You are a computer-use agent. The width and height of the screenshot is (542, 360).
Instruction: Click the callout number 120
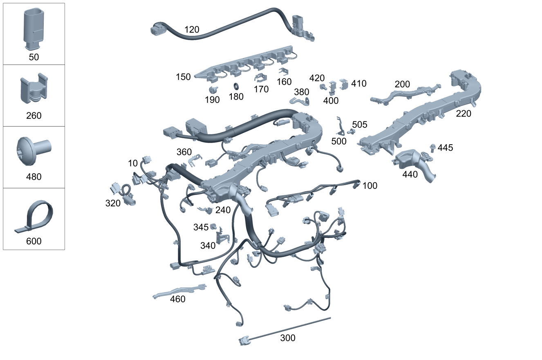tap(192, 29)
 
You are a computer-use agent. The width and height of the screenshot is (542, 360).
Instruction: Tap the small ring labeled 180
tap(236, 86)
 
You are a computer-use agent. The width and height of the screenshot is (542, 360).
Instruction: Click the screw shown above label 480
tap(34, 151)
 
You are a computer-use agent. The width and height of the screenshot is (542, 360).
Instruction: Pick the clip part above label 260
tap(34, 88)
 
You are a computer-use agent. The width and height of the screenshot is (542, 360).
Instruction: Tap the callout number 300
tap(288, 338)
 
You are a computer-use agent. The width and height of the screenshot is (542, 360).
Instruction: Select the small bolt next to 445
tap(433, 148)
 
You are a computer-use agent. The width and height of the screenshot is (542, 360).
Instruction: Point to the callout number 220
tap(464, 114)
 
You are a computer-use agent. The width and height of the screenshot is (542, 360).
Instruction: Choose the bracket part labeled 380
tap(300, 101)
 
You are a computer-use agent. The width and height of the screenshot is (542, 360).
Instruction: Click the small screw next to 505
tap(351, 131)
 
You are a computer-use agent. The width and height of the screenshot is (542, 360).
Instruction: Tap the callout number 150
tap(183, 77)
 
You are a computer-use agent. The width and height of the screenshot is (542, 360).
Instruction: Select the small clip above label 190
tap(213, 89)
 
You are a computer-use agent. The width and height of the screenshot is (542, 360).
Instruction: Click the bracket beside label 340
tap(222, 236)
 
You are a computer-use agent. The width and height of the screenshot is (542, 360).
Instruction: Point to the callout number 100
tap(370, 186)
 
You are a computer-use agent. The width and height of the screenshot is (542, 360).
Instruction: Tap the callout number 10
tap(132, 163)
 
